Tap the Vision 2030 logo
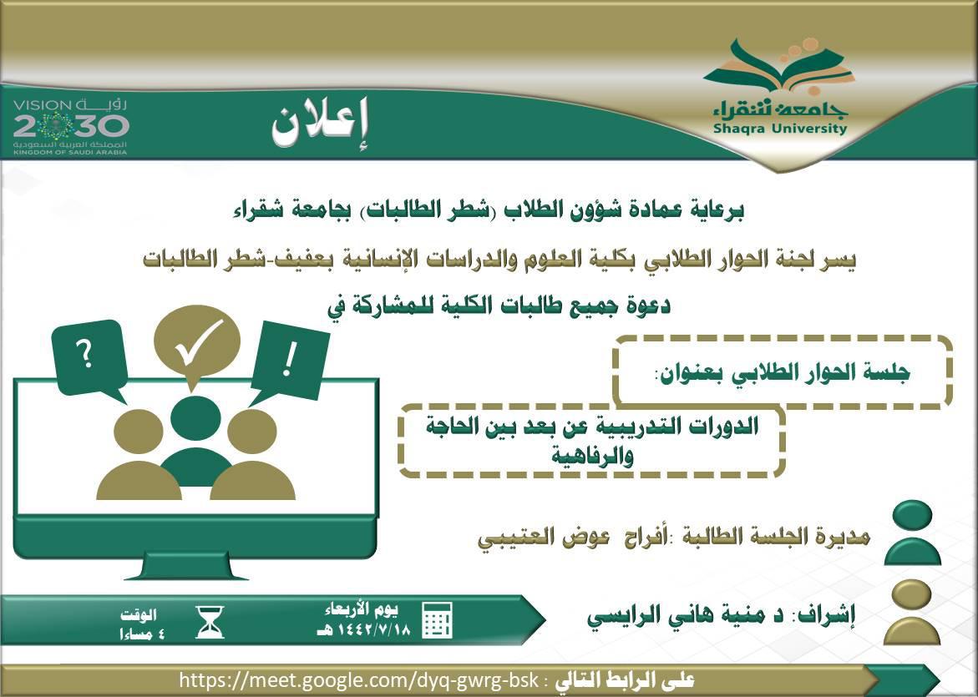click(x=70, y=127)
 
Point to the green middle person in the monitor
click(x=195, y=442)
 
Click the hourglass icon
click(x=210, y=622)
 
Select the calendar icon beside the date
click(x=438, y=619)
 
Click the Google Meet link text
click(x=358, y=679)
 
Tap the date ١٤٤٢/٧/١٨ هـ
click(x=364, y=629)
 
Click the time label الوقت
click(x=139, y=615)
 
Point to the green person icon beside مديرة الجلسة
click(x=913, y=533)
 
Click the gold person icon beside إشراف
click(x=912, y=612)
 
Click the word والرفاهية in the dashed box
click(x=592, y=456)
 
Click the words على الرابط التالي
click(x=624, y=679)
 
